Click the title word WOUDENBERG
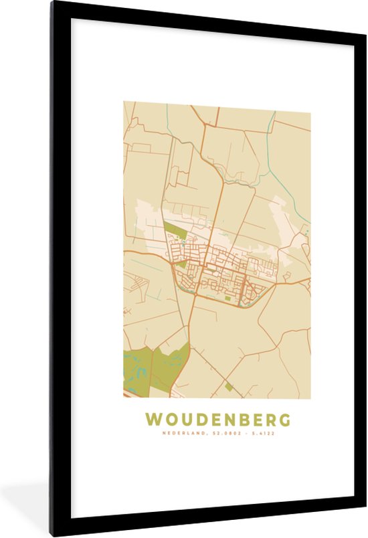[218, 420]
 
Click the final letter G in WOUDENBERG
[284, 420]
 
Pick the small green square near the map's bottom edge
[229, 386]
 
